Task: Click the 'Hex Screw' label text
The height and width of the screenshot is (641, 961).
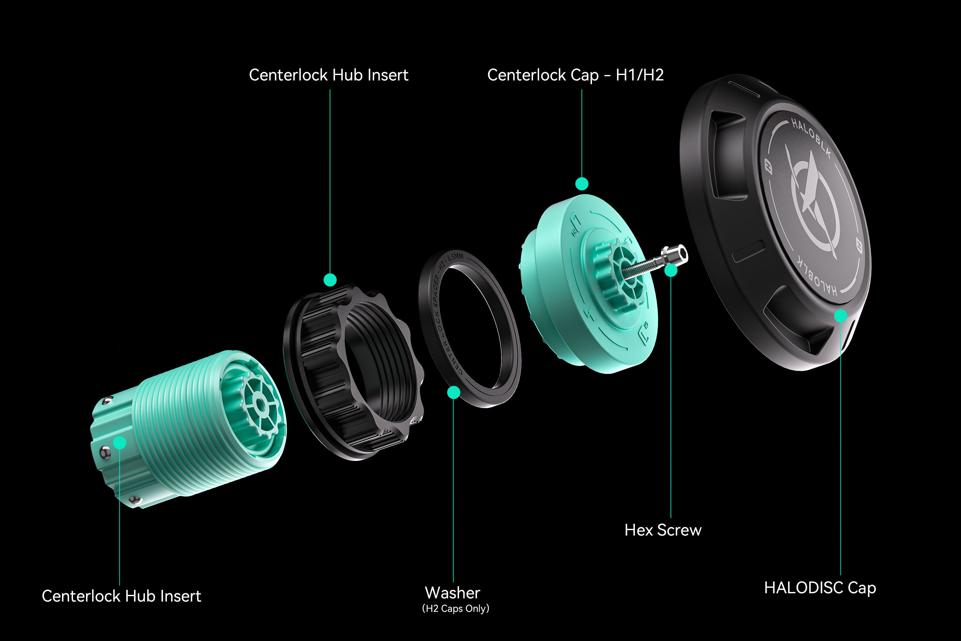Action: point(663,530)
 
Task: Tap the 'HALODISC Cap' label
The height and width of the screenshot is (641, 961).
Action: point(820,588)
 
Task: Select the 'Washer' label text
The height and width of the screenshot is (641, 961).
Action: point(453,593)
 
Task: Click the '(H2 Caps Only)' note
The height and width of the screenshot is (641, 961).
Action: point(456,609)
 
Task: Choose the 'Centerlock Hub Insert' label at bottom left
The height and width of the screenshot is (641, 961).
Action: point(121,596)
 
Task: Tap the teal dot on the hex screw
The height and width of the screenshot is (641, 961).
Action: point(671,270)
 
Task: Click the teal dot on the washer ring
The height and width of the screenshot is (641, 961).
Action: point(454,392)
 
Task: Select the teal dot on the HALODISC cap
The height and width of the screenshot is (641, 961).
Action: point(841,316)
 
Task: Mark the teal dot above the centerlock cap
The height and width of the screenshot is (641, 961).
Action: point(582,184)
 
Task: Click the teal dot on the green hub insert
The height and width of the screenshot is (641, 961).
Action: point(120,443)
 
